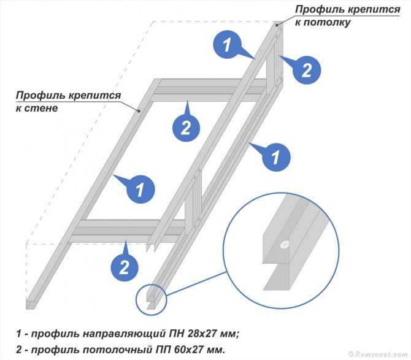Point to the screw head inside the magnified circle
(284, 245)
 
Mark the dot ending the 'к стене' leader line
(139, 111)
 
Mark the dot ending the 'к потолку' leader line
(277, 25)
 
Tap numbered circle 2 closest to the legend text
(124, 267)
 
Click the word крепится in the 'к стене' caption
(94, 96)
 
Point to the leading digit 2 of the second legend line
(19, 350)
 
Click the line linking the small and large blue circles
(196, 283)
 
